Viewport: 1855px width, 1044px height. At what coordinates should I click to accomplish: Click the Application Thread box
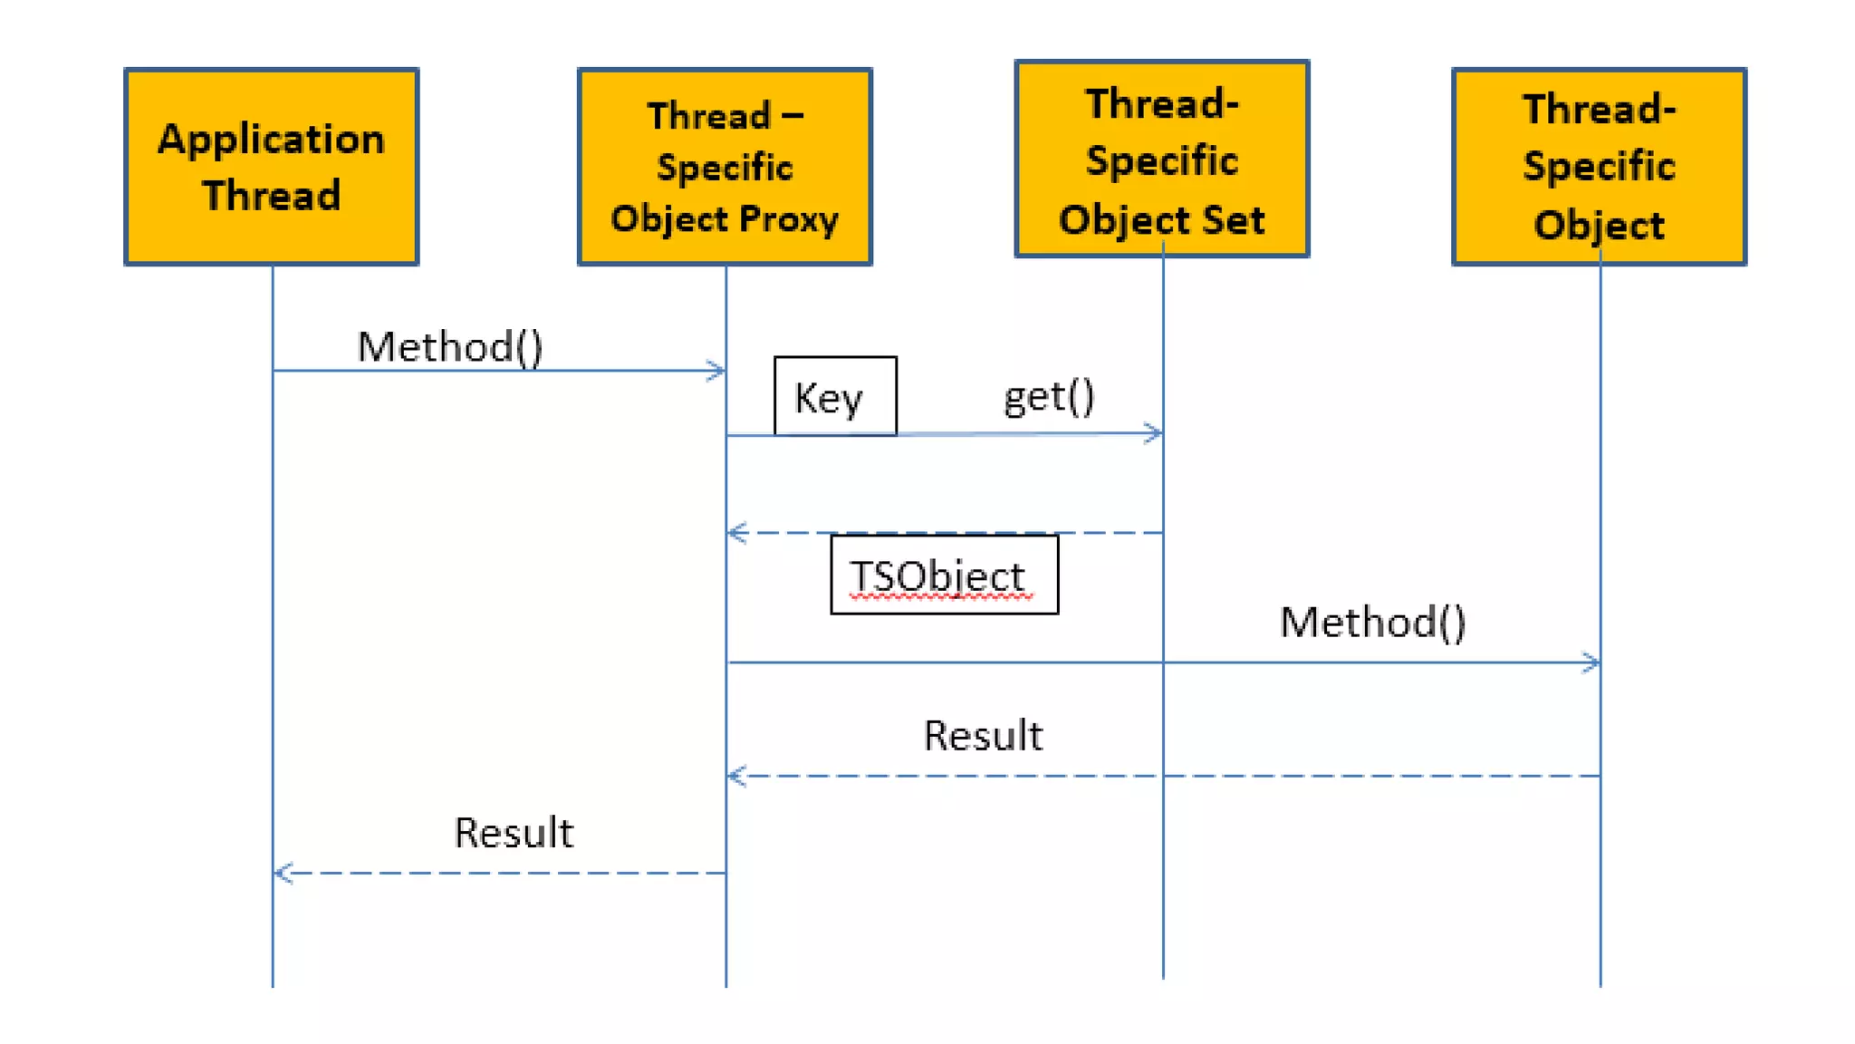(271, 167)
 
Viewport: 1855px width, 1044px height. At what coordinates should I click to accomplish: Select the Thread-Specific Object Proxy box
(725, 167)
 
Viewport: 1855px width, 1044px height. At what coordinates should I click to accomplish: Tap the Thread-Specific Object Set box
(1162, 159)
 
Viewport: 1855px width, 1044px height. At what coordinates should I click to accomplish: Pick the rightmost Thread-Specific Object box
(1599, 167)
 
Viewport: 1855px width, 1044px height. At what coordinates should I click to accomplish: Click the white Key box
(834, 396)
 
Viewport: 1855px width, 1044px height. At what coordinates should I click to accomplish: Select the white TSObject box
(944, 575)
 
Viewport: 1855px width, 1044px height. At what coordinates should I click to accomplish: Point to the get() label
(1049, 397)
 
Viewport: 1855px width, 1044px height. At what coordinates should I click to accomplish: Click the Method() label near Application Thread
(450, 346)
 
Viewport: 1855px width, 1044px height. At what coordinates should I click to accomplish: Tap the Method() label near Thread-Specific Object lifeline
(1372, 622)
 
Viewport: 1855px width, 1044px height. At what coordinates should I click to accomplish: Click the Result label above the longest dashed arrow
(983, 735)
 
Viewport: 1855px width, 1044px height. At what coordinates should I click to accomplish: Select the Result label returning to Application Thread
(514, 832)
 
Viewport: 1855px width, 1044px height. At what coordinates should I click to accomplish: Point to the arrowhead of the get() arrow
(1155, 433)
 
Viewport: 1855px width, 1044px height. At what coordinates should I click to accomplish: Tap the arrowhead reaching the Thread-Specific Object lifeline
(1592, 662)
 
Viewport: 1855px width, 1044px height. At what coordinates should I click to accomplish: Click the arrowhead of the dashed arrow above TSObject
(735, 533)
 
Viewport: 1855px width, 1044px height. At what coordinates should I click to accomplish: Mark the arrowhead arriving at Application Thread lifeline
(283, 873)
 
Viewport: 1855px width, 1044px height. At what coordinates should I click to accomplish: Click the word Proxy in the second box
(788, 219)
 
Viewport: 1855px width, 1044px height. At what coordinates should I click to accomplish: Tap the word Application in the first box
(271, 139)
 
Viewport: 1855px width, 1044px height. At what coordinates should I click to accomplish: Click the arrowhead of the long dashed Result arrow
(735, 776)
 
